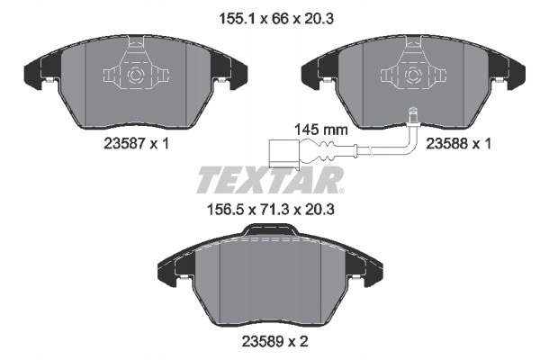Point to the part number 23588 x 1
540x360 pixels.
coord(450,141)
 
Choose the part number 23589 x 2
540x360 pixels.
coord(269,341)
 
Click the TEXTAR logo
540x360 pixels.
coord(268,179)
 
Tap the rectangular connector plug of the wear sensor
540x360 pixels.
coord(281,152)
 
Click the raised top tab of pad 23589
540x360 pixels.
coord(269,232)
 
